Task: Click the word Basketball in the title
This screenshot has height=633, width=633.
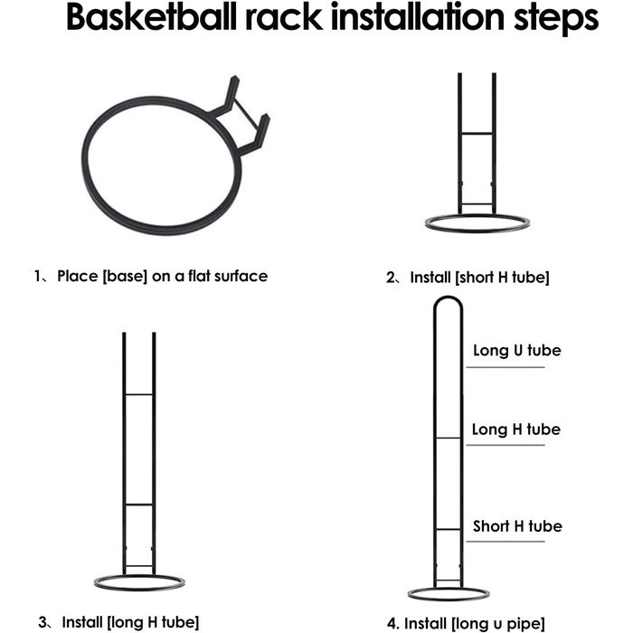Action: click(x=151, y=17)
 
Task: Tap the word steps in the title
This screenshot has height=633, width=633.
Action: click(x=556, y=19)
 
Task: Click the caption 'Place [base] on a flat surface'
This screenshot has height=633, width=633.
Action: click(x=162, y=276)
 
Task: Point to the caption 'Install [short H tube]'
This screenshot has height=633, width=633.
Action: click(x=479, y=278)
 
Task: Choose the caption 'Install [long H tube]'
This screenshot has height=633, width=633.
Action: click(x=130, y=622)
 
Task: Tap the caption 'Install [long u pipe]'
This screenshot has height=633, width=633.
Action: click(x=475, y=623)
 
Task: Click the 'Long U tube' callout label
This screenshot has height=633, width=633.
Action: click(x=516, y=351)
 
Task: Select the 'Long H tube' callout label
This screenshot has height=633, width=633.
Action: click(x=516, y=430)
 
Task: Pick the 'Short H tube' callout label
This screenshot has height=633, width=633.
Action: click(x=517, y=526)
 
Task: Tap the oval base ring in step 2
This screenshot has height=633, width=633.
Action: click(x=477, y=223)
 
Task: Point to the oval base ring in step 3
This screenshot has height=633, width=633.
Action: click(x=139, y=582)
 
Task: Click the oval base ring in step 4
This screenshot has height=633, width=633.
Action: click(x=449, y=594)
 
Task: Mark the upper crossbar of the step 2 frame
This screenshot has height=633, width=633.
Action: click(x=477, y=133)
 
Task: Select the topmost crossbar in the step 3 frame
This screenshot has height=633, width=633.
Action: click(x=139, y=394)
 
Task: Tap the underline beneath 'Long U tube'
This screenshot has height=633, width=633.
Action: click(x=505, y=367)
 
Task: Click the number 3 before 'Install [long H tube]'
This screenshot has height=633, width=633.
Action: click(x=43, y=622)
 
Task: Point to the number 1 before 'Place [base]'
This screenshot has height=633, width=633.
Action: click(x=37, y=277)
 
